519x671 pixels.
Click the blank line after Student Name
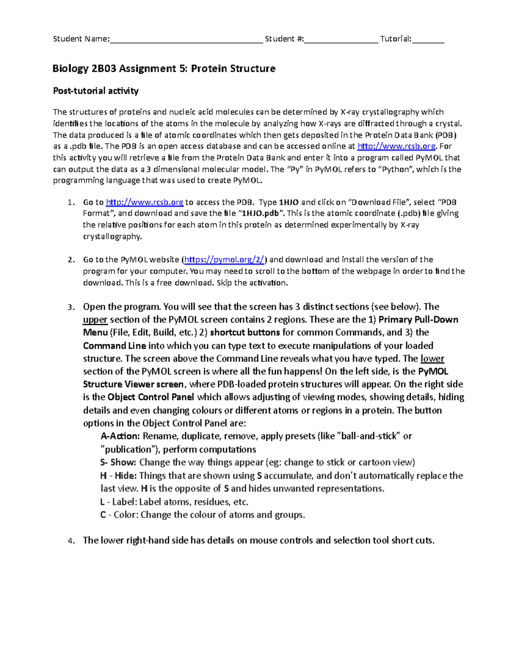186,40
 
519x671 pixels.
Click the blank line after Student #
341,40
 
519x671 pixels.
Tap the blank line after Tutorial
428,40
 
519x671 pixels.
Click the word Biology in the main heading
69,69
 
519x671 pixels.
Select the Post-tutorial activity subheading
96,91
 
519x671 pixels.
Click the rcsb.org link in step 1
144,202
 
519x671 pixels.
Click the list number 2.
71,260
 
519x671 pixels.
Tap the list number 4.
71,541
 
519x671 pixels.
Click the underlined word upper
95,320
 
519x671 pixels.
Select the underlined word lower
432,359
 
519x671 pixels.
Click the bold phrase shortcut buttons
245,333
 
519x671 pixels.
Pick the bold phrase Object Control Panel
151,398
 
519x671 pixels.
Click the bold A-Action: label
120,436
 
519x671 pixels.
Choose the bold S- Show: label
118,463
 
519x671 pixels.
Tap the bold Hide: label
125,476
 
